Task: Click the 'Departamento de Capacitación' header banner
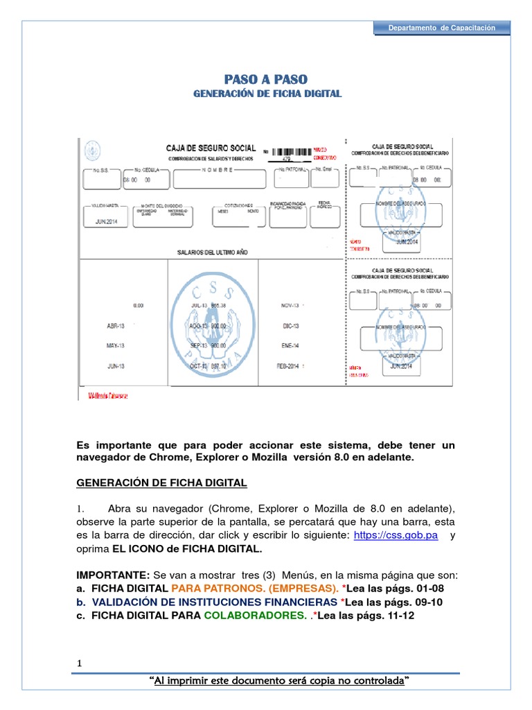pyautogui.click(x=442, y=28)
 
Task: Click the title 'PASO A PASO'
pyautogui.click(x=266, y=79)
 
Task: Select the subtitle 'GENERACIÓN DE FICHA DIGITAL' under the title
pyautogui.click(x=266, y=94)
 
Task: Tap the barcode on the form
pyautogui.click(x=291, y=151)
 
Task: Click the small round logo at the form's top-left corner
pyautogui.click(x=91, y=148)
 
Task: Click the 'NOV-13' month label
pyautogui.click(x=290, y=305)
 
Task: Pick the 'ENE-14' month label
pyautogui.click(x=289, y=345)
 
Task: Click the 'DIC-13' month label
pyautogui.click(x=289, y=324)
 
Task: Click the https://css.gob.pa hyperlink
pyautogui.click(x=396, y=536)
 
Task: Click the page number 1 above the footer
pyautogui.click(x=80, y=664)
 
